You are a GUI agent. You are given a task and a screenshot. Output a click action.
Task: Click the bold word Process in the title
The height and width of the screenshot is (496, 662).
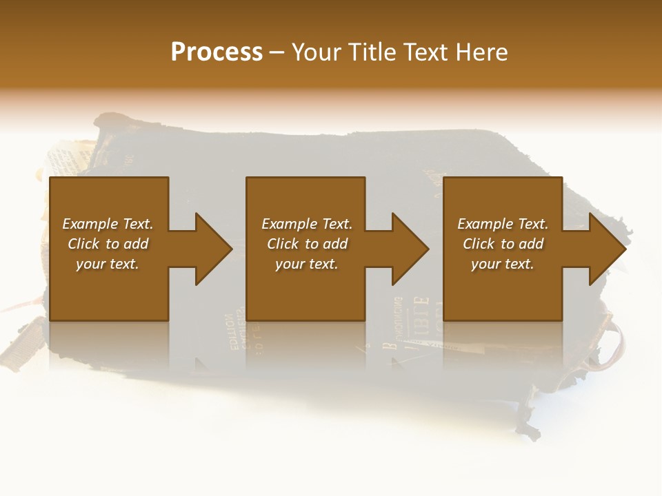[217, 52]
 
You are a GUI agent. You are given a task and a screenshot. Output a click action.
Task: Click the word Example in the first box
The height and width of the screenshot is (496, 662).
[90, 224]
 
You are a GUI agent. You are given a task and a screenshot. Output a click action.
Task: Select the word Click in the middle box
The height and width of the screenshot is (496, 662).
[283, 244]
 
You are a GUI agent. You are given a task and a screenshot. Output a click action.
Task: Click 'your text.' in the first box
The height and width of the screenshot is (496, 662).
[108, 264]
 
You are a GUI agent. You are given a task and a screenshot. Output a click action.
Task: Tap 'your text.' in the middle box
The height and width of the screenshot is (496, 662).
[307, 264]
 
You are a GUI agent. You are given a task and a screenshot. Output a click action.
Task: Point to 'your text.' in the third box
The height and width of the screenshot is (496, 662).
[503, 264]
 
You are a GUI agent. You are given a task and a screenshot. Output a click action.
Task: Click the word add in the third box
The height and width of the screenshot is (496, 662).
[531, 244]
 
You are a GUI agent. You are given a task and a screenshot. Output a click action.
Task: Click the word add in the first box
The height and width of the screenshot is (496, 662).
[136, 244]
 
